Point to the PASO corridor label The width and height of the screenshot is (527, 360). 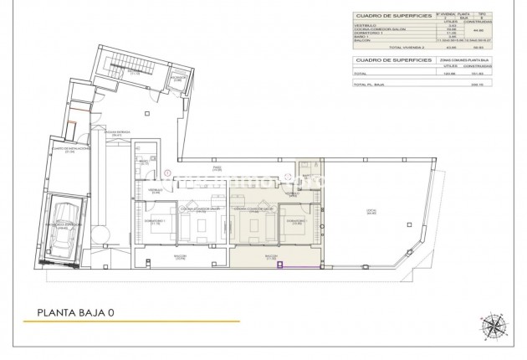click(x=216, y=168)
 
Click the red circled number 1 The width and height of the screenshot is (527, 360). click(x=168, y=173)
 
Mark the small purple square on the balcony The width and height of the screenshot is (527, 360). click(x=281, y=265)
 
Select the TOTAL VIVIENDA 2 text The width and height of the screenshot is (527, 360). click(x=407, y=48)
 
